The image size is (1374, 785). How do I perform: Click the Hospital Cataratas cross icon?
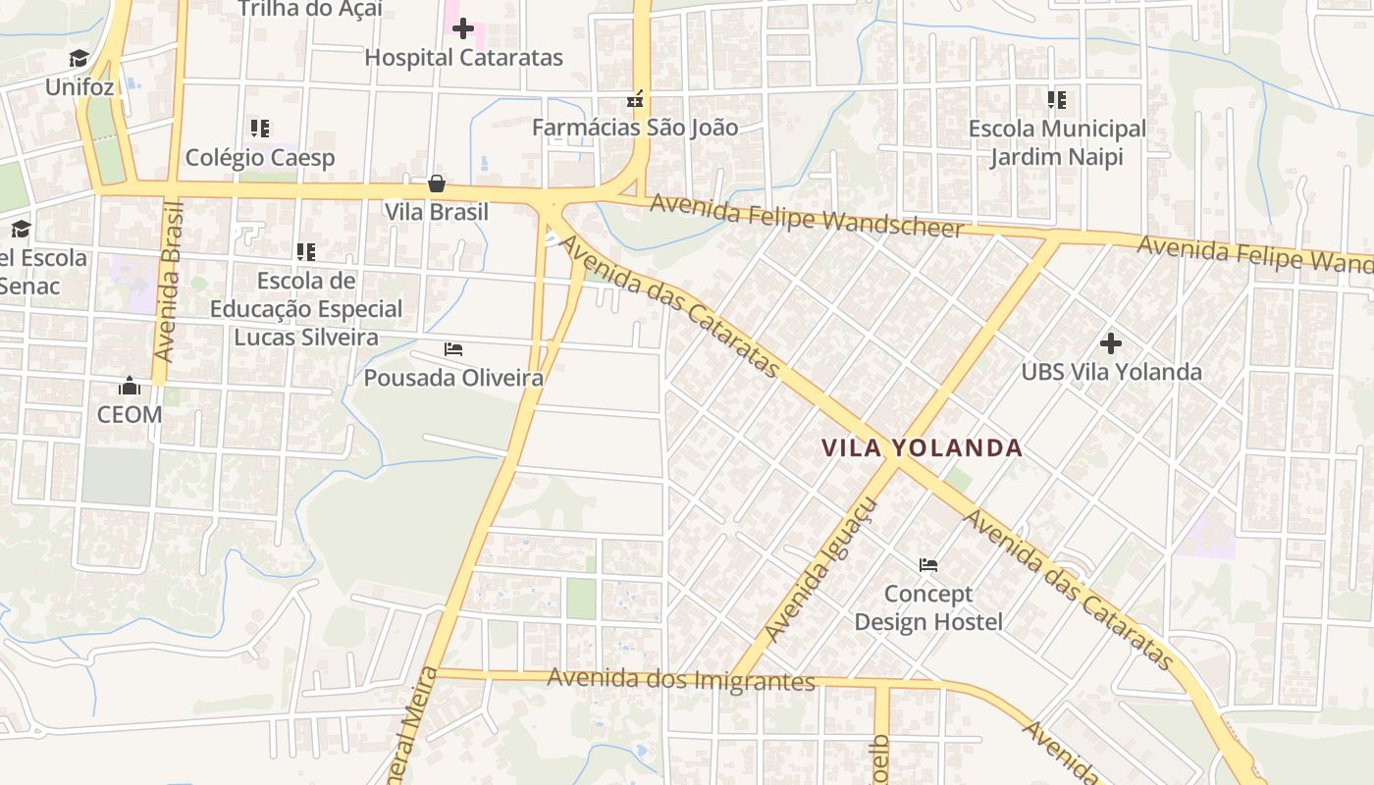click(463, 28)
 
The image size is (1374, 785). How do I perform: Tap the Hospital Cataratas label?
click(463, 58)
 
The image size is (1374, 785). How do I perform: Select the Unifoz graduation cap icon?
click(79, 59)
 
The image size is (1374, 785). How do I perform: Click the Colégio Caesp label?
click(260, 158)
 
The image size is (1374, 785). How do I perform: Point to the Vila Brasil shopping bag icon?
click(437, 183)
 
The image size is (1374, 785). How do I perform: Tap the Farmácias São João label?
click(635, 128)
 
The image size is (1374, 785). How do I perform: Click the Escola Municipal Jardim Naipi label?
click(1057, 142)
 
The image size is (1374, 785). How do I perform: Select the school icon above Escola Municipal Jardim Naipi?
click(1057, 100)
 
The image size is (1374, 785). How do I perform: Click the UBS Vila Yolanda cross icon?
click(1111, 343)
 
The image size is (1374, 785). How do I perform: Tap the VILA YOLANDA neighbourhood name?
click(922, 448)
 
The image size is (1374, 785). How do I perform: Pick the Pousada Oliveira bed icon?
click(453, 349)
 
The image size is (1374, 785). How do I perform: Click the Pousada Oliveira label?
click(453, 378)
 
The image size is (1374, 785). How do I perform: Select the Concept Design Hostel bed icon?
click(928, 565)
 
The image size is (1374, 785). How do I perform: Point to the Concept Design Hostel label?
click(928, 607)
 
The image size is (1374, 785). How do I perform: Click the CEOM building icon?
click(129, 386)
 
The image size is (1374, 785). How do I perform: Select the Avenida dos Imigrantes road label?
click(681, 679)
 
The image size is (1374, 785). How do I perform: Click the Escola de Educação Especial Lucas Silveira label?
click(306, 309)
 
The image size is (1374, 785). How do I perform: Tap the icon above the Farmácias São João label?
click(636, 99)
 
